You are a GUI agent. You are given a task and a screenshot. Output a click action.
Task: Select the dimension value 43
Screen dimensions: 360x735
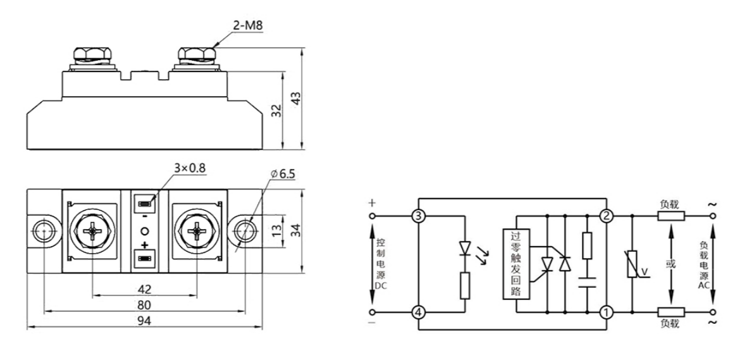[x=294, y=99]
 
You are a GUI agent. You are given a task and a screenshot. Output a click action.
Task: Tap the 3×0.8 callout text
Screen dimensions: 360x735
[x=189, y=168]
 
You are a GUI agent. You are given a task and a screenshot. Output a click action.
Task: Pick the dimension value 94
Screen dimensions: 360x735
[x=145, y=320]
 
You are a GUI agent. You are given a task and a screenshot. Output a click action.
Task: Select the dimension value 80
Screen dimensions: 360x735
[x=145, y=304]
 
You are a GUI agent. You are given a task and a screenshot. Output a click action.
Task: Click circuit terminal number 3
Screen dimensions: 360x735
[x=417, y=216]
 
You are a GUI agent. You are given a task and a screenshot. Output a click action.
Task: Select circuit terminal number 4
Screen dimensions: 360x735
[x=417, y=312]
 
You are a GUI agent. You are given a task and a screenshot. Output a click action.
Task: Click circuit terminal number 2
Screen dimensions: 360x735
[x=607, y=216]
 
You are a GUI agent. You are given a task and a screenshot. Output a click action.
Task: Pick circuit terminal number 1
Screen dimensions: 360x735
[x=607, y=312]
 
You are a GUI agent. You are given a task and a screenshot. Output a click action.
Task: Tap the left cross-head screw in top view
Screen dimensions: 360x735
[x=93, y=232]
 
